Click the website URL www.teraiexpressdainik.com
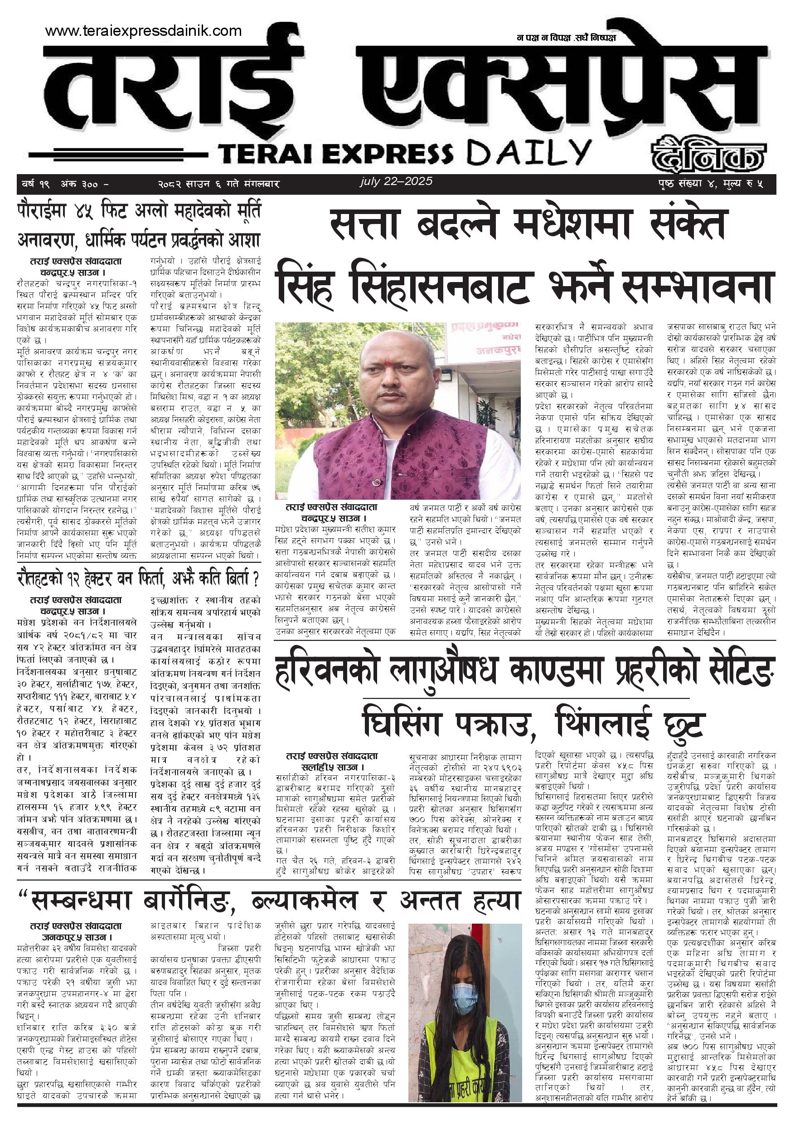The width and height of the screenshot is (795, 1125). tap(143, 31)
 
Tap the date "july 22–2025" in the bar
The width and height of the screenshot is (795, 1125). tap(396, 181)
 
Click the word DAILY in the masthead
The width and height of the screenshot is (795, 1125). tap(529, 153)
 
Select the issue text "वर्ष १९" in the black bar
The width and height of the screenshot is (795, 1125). tap(35, 185)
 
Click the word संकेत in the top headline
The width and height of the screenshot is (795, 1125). tap(687, 224)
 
